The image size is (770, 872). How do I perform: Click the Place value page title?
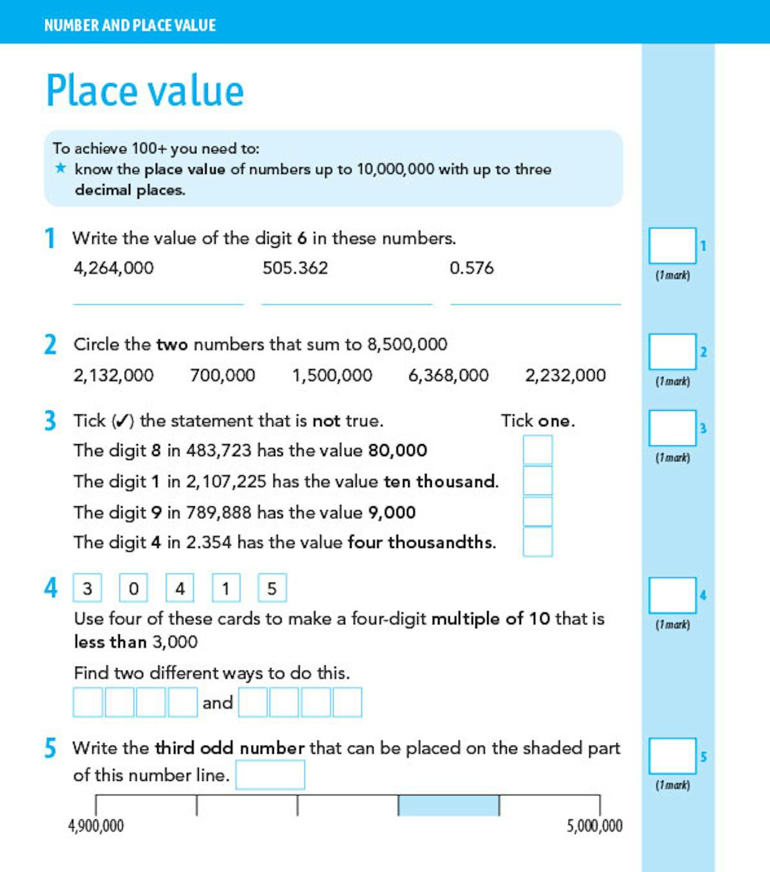click(145, 90)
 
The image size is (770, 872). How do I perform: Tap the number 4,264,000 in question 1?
click(114, 268)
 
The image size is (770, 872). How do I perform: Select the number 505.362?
click(295, 268)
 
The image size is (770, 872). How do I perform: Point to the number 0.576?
click(472, 268)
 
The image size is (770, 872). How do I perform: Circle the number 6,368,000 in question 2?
click(449, 375)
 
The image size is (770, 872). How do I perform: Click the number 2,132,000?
click(114, 375)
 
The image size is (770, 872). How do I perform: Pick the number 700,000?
click(223, 375)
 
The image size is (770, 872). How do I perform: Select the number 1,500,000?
click(332, 375)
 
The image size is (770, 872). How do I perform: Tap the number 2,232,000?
click(565, 375)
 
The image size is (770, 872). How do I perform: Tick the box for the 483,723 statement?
click(538, 450)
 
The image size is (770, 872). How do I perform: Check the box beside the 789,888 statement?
click(538, 511)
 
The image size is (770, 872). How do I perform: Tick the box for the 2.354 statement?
click(538, 542)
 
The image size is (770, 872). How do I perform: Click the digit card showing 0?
click(133, 588)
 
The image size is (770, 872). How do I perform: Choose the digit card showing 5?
click(272, 588)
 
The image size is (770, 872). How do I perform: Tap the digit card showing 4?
click(180, 588)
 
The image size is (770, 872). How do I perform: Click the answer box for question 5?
click(270, 775)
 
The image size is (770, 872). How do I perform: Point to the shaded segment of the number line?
click(449, 805)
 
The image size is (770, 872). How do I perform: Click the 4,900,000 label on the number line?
click(96, 826)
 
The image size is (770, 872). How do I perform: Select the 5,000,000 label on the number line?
click(594, 826)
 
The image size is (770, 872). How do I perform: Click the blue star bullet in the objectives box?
click(60, 169)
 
